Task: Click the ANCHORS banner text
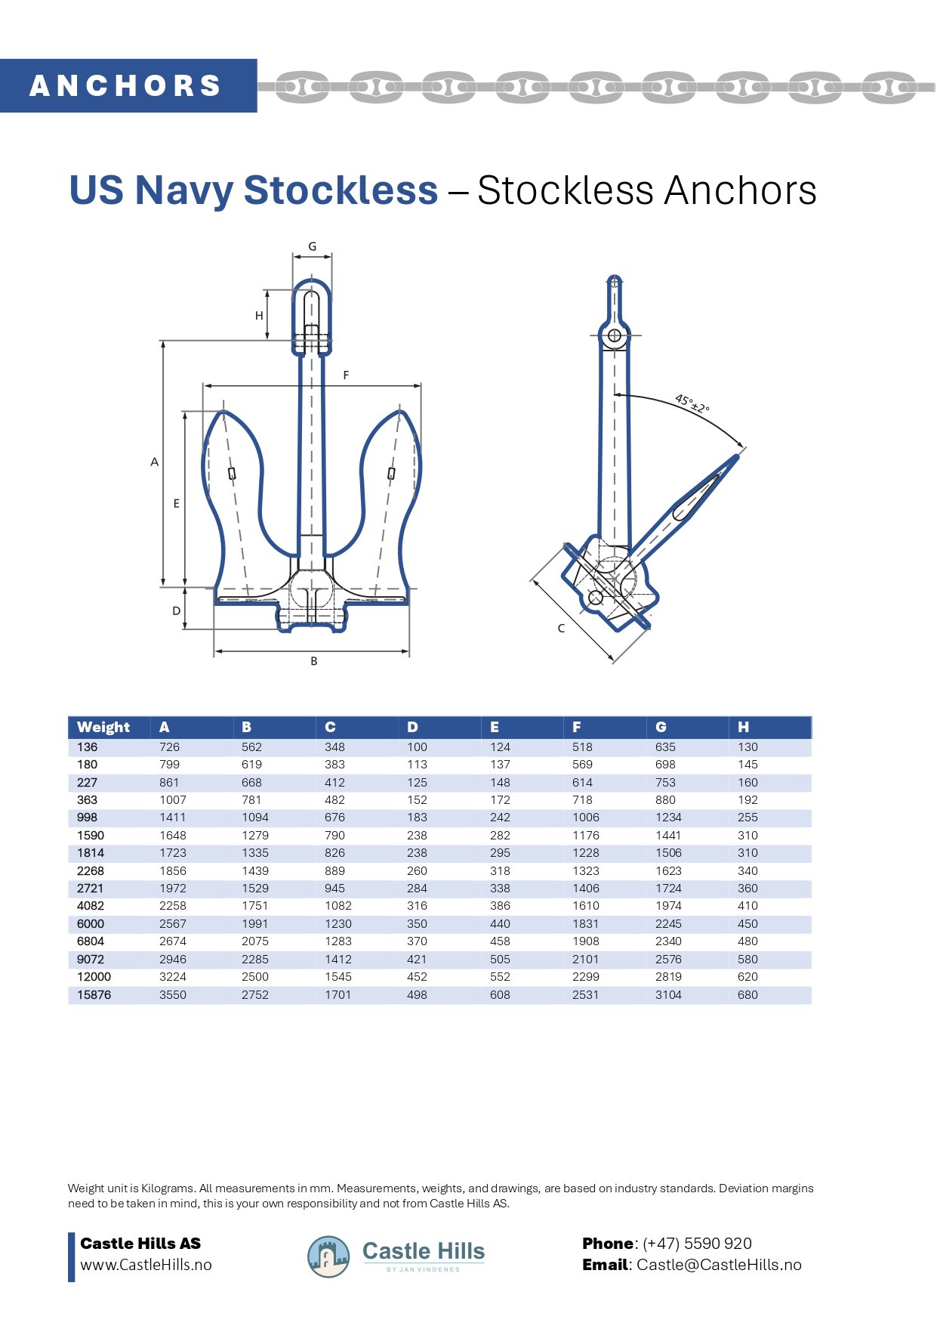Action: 125,85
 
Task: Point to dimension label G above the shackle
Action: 312,246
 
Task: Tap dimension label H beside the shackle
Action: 259,315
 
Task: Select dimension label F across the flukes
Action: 346,375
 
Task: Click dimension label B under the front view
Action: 314,661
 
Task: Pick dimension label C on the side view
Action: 561,628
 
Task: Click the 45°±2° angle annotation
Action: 692,403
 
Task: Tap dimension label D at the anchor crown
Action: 176,610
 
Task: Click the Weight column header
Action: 103,727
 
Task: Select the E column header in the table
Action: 495,727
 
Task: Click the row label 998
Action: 87,818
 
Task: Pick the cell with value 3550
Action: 172,994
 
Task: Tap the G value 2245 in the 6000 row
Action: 668,923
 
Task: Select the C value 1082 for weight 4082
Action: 338,906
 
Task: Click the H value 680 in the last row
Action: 747,994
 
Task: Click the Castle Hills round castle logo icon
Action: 328,1257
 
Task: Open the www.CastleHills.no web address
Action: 146,1265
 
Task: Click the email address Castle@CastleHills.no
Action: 719,1265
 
